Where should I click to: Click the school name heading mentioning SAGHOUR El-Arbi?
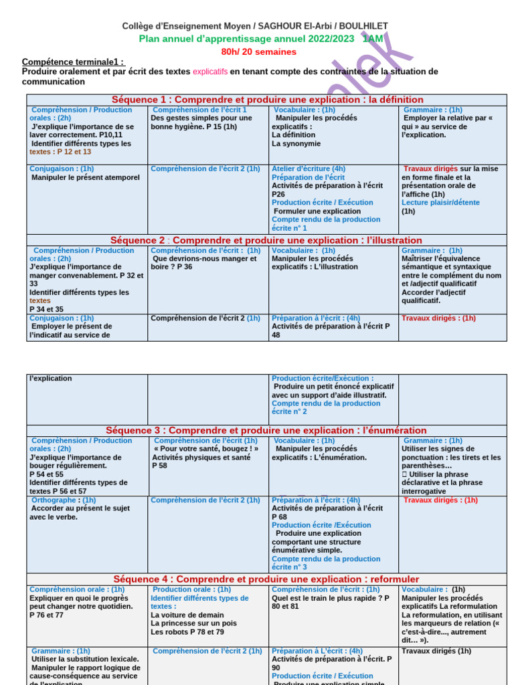coord(254,26)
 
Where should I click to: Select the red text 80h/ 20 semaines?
coord(258,52)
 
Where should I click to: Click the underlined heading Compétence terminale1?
coord(72,62)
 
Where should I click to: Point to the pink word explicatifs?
coord(210,72)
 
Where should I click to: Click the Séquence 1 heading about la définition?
coord(267,100)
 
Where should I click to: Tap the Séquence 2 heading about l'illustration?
coord(267,240)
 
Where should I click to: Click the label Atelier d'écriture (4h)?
coord(309,169)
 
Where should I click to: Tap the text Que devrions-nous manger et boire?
coord(203,262)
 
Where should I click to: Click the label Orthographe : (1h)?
coord(64,500)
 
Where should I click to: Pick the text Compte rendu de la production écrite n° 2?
coord(325,407)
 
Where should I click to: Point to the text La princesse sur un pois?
coord(193,623)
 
